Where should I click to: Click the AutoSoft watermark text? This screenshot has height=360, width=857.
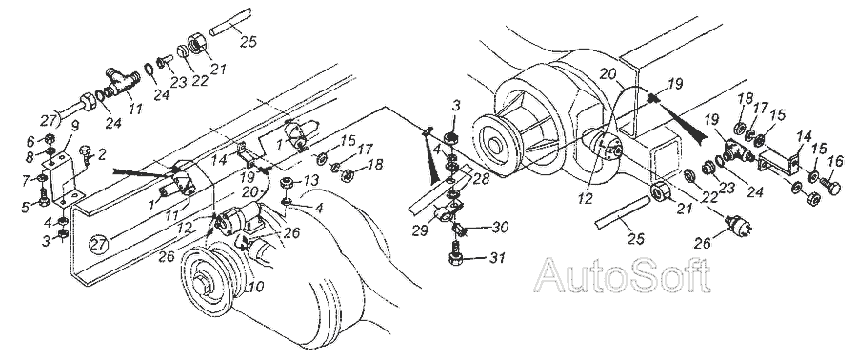[x=622, y=275]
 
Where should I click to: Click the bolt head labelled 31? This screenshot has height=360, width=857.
[x=455, y=258]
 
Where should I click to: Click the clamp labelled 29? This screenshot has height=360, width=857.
[x=443, y=213]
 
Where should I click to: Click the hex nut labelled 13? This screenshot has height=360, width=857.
[x=286, y=182]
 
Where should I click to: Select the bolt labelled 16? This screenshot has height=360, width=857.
[x=828, y=187]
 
